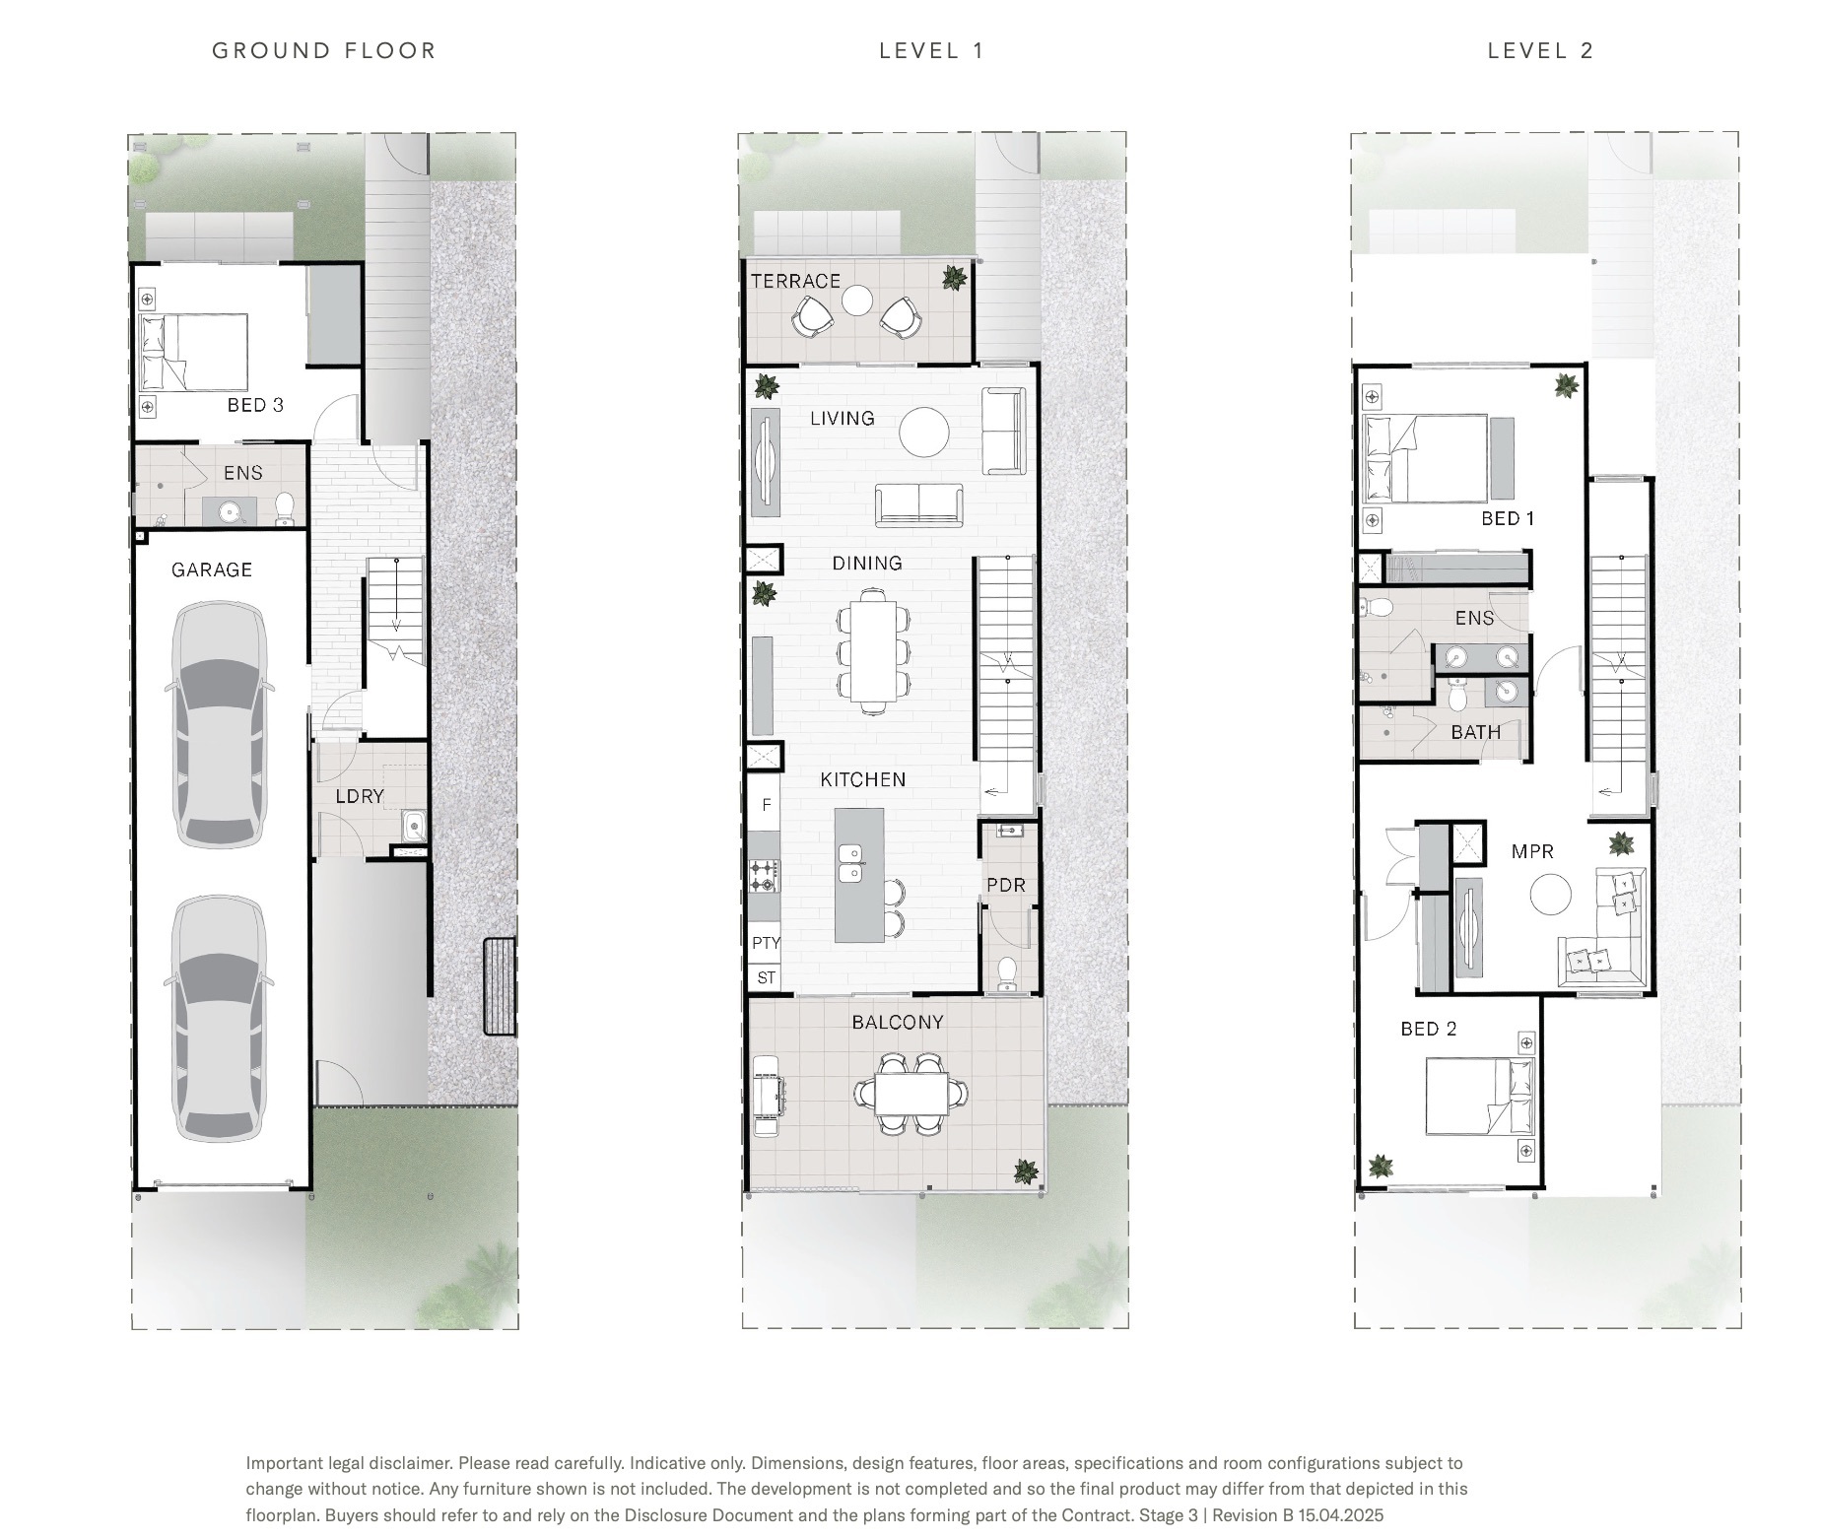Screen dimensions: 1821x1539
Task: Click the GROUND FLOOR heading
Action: click(324, 50)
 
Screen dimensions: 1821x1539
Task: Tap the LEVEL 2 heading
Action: click(1540, 50)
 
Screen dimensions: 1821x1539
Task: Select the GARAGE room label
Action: click(212, 569)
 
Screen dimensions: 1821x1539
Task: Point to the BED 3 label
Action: click(255, 405)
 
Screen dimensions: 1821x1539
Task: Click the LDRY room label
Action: click(360, 796)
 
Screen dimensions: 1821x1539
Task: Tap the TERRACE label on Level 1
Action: click(796, 281)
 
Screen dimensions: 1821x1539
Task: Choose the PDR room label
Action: click(1006, 885)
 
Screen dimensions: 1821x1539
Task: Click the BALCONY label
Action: click(898, 1022)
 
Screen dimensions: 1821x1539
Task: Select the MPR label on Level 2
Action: click(1532, 851)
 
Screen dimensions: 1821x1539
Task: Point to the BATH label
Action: click(1476, 732)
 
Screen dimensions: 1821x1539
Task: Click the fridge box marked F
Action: click(765, 803)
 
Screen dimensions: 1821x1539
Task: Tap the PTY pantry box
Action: click(766, 943)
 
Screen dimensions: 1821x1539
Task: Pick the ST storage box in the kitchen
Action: click(766, 978)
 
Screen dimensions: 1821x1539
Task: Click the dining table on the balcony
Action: click(911, 1093)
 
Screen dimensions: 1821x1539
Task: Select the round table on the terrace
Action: click(857, 301)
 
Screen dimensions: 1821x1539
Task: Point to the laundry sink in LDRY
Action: click(414, 824)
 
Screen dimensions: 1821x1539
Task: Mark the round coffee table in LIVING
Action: click(924, 432)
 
